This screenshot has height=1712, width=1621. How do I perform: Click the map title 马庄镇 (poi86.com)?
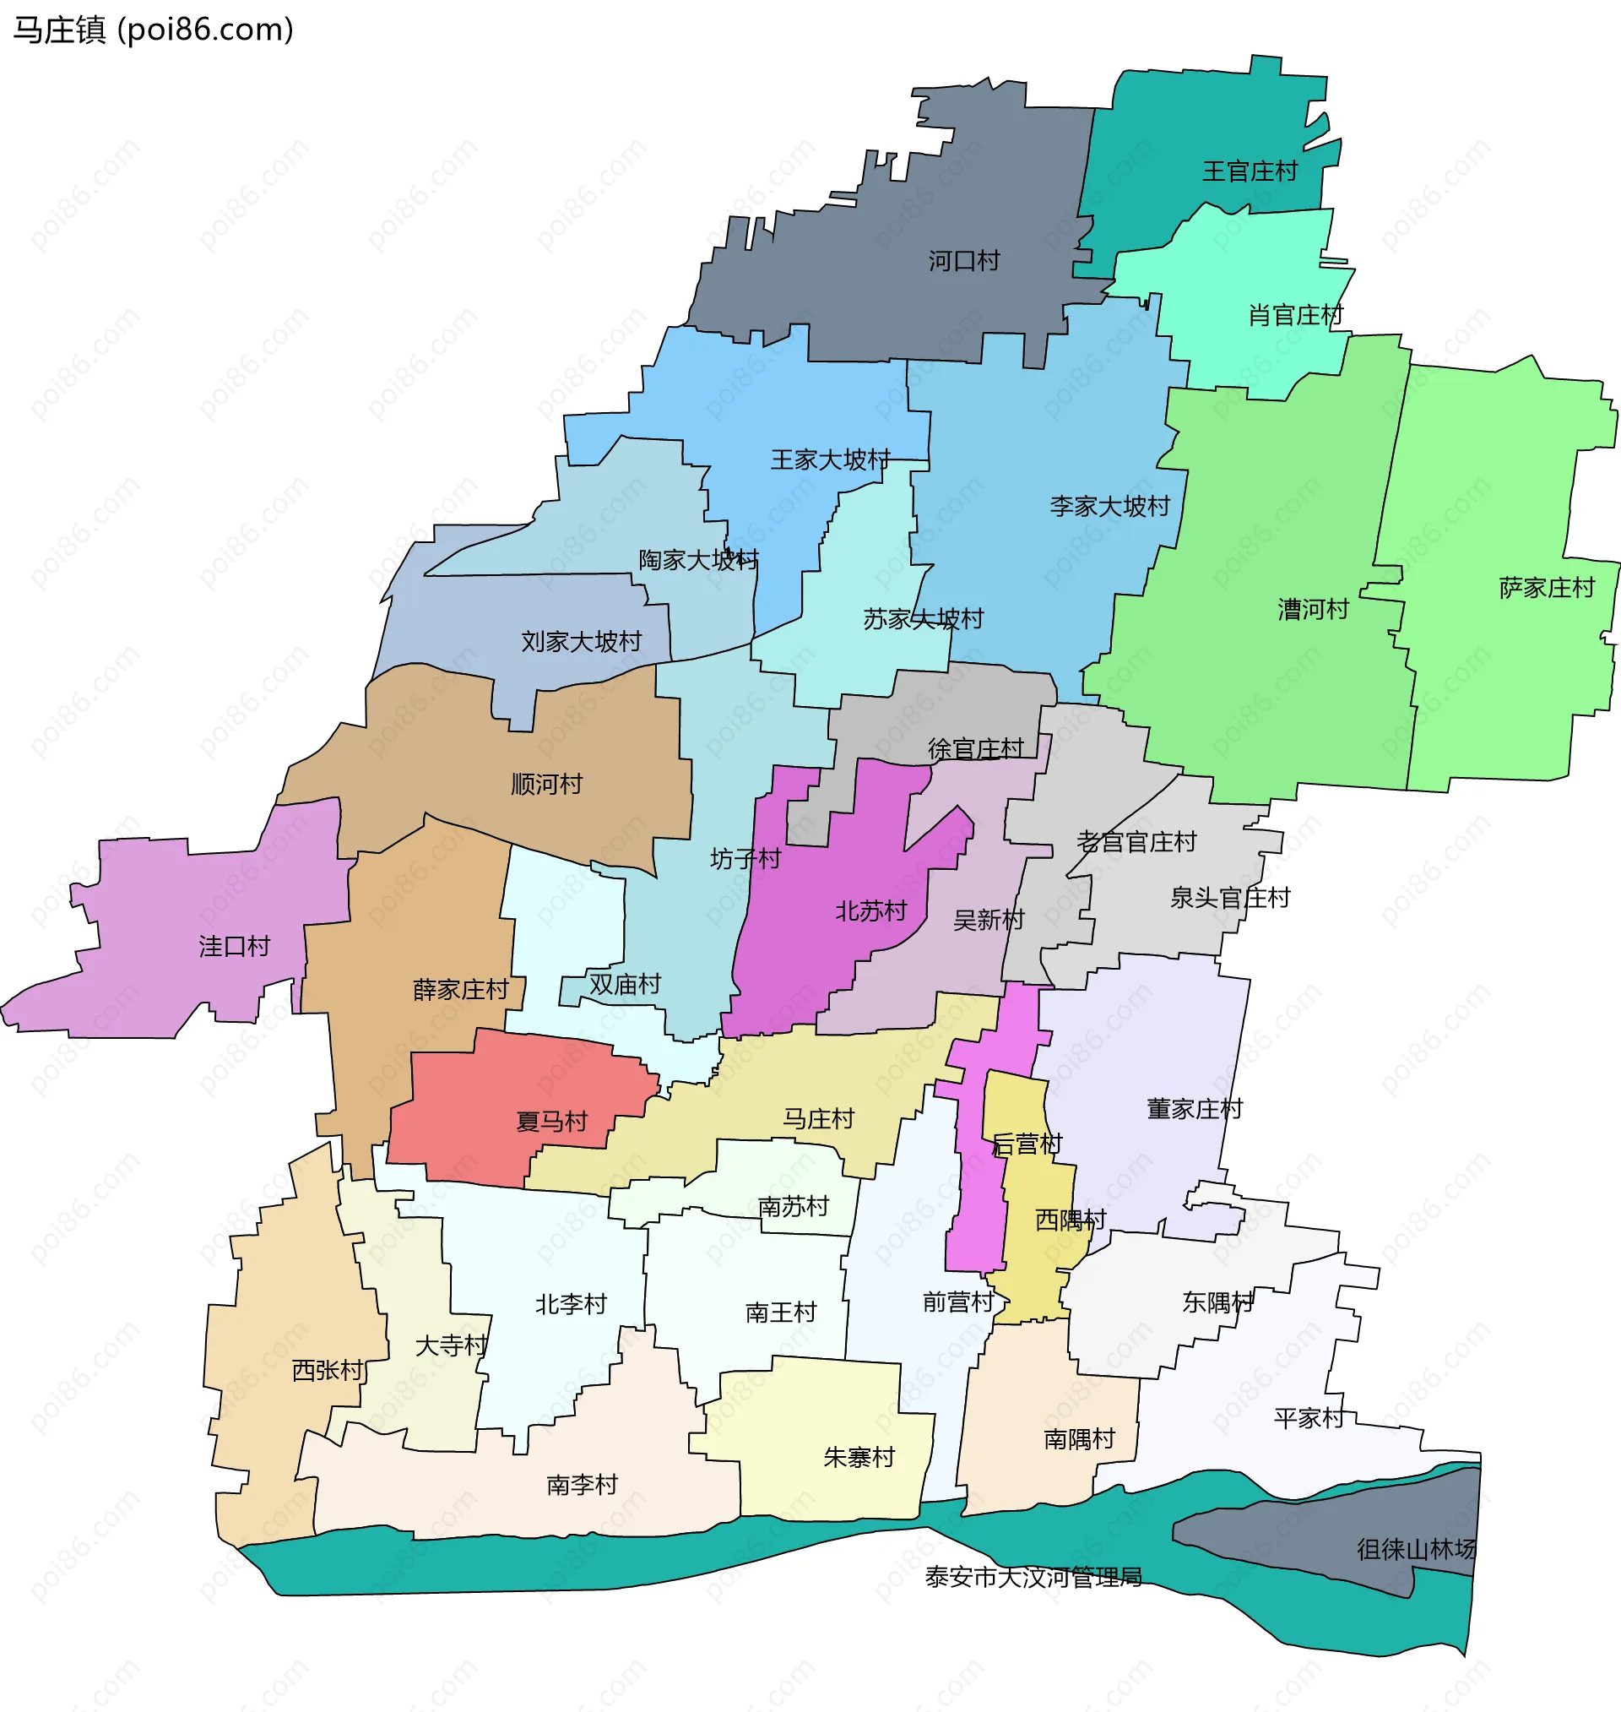tap(153, 30)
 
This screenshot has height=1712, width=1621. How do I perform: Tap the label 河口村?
tap(963, 261)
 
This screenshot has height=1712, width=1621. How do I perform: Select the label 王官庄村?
tap(1250, 172)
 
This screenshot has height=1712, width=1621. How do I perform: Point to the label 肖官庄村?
tap(1294, 315)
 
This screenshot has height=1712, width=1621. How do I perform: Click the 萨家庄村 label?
tap(1546, 589)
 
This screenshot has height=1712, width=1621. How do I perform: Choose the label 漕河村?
tap(1313, 610)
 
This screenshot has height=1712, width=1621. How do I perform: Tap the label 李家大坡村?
tap(1109, 507)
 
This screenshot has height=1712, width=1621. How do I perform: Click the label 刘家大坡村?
tap(581, 642)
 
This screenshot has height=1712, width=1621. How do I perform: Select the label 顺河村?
tap(546, 785)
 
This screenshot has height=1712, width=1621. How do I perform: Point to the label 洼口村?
tap(234, 947)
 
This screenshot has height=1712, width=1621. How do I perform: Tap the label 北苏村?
tap(870, 911)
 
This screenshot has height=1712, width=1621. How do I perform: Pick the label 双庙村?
tap(625, 985)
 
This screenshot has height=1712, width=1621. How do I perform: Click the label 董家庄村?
tap(1194, 1110)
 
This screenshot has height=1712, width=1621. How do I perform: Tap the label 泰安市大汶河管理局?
tap(1033, 1578)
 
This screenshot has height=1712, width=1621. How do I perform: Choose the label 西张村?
tap(327, 1371)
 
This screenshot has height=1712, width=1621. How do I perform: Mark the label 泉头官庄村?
tap(1229, 899)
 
